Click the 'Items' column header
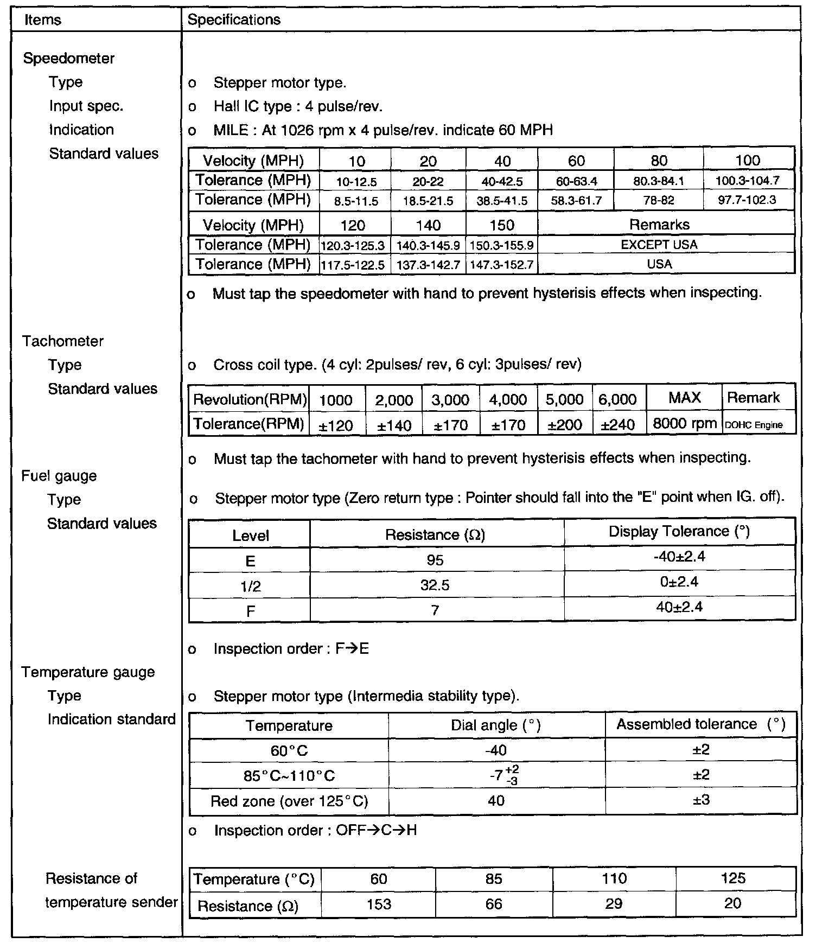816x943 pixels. (x=43, y=20)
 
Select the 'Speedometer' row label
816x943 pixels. (x=69, y=59)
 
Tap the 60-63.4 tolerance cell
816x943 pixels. (x=576, y=181)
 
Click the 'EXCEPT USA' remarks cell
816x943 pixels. (x=659, y=245)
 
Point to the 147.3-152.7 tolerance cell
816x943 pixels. (x=502, y=265)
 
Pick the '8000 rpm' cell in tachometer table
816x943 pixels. (x=685, y=424)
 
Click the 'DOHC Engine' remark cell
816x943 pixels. (x=754, y=425)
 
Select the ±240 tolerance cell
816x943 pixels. (x=617, y=425)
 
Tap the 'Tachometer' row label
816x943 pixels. (x=63, y=341)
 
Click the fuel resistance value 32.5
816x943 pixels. (x=435, y=585)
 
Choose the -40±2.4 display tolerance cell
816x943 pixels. (x=680, y=557)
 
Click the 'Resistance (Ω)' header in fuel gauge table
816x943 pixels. (x=435, y=536)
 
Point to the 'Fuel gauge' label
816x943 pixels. (x=59, y=476)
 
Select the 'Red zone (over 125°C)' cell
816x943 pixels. (x=289, y=801)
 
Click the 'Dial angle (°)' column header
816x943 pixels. (x=496, y=725)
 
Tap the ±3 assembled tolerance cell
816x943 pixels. (x=701, y=800)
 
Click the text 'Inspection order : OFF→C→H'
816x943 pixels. (x=315, y=831)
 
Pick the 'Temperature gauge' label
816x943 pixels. (x=88, y=672)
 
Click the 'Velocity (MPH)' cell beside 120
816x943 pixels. (x=253, y=225)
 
